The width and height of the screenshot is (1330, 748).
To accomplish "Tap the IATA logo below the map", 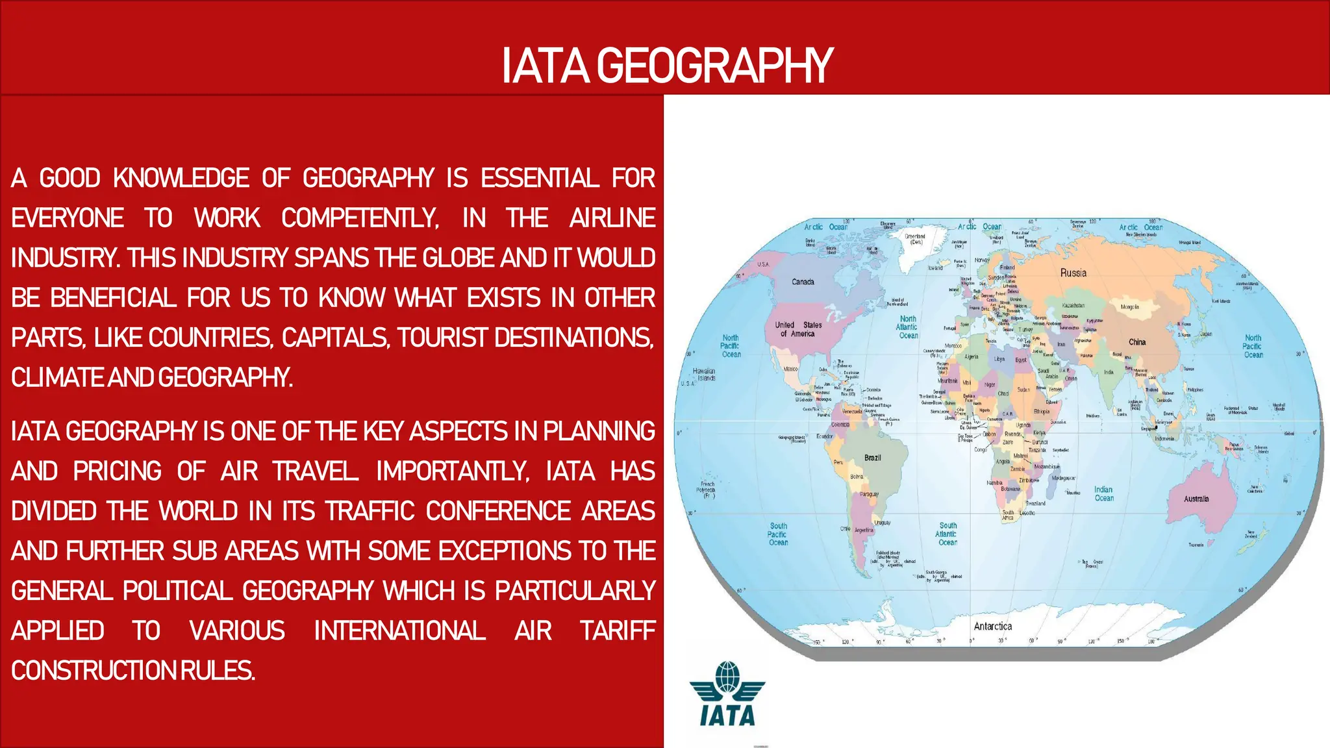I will coord(727,694).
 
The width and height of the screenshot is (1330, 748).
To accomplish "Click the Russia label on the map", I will coord(1073,273).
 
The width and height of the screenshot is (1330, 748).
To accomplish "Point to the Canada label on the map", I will coord(803,282).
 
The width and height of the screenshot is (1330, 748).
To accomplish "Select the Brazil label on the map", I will coord(872,458).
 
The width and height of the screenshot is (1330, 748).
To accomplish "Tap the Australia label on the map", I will coord(1196,499).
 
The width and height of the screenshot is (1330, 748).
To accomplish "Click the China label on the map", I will coord(1137,342).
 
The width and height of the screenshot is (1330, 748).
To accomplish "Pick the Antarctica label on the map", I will coord(992,627).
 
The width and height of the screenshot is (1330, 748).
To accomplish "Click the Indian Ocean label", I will coord(1103,494).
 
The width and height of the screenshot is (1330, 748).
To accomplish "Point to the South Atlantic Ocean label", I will coord(947,534).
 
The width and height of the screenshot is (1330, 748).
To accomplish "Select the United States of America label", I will coord(798,329).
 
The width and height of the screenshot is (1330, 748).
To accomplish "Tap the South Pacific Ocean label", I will coord(778,534).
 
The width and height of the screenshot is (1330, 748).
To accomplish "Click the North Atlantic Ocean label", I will coord(908,327).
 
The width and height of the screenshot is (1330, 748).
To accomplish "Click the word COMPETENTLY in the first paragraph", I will coord(360,218).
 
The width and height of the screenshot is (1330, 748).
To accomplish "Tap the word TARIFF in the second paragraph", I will coord(617,631).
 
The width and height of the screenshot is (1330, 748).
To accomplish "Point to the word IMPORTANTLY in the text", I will coord(452,471).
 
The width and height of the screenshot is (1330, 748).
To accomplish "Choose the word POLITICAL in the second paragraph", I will coord(177,591).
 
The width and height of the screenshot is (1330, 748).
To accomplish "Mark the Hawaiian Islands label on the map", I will coord(705,375).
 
